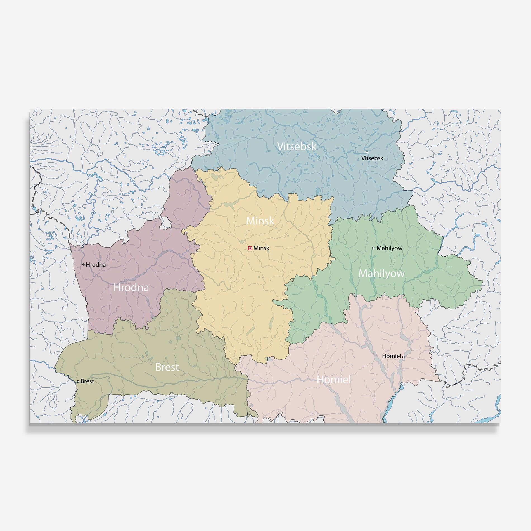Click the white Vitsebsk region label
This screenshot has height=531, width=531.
pyautogui.click(x=297, y=146)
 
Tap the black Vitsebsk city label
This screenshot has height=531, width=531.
pyautogui.click(x=372, y=158)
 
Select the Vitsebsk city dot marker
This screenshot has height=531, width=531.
pyautogui.click(x=367, y=152)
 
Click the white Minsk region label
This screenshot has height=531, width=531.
pyautogui.click(x=260, y=221)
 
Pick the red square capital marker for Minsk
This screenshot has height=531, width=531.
pyautogui.click(x=250, y=248)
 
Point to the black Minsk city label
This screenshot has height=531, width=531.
pyautogui.click(x=261, y=248)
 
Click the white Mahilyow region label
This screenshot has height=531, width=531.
pyautogui.click(x=381, y=274)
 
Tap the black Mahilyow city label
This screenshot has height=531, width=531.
pyautogui.click(x=389, y=248)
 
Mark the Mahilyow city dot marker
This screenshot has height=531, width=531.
pyautogui.click(x=373, y=248)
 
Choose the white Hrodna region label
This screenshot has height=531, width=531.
pyautogui.click(x=131, y=288)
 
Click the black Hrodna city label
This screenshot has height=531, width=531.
pyautogui.click(x=96, y=265)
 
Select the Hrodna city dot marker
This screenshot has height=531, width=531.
pyautogui.click(x=84, y=264)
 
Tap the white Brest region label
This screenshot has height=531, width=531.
pyautogui.click(x=167, y=367)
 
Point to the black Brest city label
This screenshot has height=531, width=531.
pyautogui.click(x=87, y=381)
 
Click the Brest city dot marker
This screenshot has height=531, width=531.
pyautogui.click(x=78, y=381)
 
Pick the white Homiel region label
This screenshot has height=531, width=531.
pyautogui.click(x=334, y=380)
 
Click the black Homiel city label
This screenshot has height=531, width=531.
pyautogui.click(x=391, y=356)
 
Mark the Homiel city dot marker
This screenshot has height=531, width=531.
pyautogui.click(x=403, y=357)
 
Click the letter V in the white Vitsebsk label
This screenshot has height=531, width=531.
pyautogui.click(x=280, y=146)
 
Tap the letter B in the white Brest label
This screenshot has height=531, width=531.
pyautogui.click(x=158, y=367)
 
